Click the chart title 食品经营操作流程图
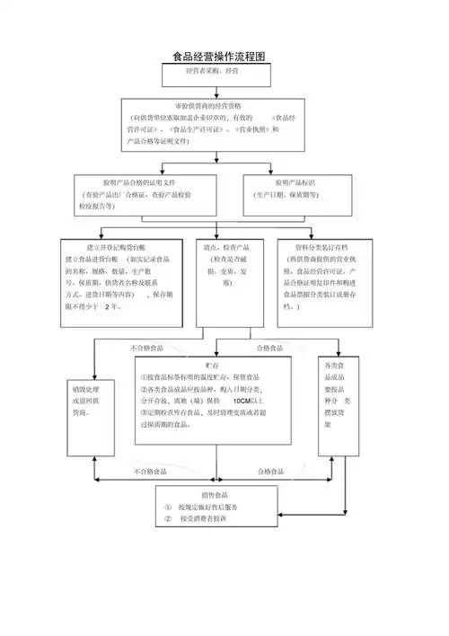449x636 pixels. pos(220,57)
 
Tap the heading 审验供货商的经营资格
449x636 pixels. pos(215,106)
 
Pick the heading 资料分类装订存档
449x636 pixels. pos(321,246)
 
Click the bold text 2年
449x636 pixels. pos(112,306)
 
